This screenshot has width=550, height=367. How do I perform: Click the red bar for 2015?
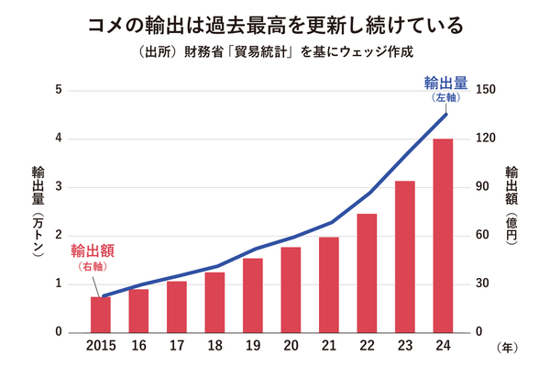point(101,315)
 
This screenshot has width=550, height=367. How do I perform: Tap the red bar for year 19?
point(253,295)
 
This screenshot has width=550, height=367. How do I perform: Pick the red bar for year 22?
point(367,272)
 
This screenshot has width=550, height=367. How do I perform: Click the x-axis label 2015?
point(101,348)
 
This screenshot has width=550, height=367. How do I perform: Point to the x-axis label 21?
point(329,348)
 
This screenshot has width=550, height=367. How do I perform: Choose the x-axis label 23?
point(405,348)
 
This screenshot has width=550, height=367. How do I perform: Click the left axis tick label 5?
point(59,90)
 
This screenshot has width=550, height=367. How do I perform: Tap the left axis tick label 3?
point(59,187)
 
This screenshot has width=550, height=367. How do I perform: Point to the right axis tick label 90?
point(482,187)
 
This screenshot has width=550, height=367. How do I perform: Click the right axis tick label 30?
point(482,284)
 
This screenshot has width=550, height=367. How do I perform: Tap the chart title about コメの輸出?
point(274,22)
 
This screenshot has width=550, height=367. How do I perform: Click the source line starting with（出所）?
point(274,51)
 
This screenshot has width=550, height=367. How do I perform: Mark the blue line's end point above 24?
point(445,114)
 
